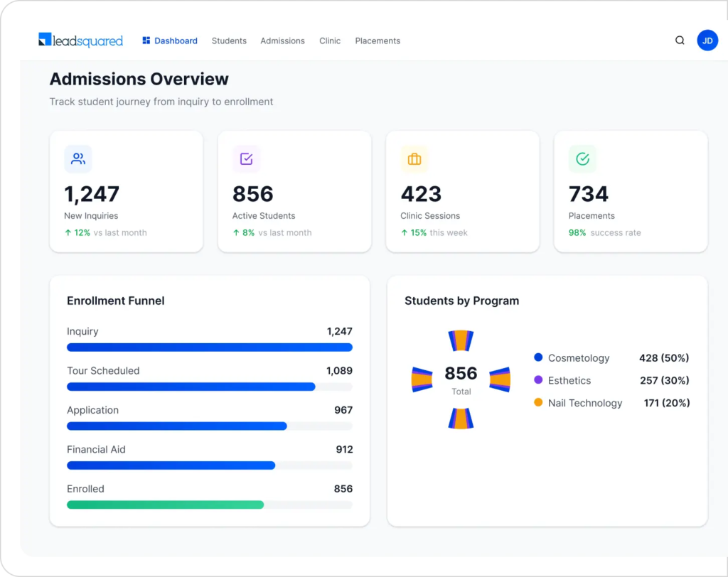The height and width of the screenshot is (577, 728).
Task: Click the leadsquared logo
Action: tap(80, 41)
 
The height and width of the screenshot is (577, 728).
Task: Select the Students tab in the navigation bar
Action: tap(229, 41)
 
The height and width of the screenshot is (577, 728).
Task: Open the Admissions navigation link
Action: tap(282, 41)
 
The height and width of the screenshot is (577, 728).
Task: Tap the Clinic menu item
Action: tap(330, 41)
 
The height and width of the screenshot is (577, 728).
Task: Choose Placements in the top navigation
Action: tap(378, 41)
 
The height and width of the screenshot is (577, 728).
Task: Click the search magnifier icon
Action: tap(680, 41)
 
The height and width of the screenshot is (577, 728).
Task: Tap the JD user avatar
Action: tap(707, 41)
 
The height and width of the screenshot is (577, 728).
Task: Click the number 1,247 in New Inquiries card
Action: tap(92, 194)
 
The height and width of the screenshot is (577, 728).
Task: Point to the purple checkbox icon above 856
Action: tap(247, 159)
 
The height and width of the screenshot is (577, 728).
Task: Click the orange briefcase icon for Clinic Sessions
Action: tap(414, 159)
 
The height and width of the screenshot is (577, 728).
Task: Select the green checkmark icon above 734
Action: tap(582, 159)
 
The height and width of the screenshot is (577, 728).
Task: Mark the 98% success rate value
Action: tap(577, 232)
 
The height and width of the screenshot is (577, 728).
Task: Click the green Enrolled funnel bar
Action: tap(165, 505)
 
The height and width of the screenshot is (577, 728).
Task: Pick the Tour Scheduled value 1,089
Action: tap(339, 371)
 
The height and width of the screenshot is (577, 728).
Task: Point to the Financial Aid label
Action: tap(95, 449)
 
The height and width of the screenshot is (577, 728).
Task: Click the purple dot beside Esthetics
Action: tap(538, 380)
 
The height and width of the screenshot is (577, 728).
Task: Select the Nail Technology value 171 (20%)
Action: tap(666, 403)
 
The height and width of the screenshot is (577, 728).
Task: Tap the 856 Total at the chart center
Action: tap(461, 378)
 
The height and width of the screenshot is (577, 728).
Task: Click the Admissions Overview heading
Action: tap(139, 79)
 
